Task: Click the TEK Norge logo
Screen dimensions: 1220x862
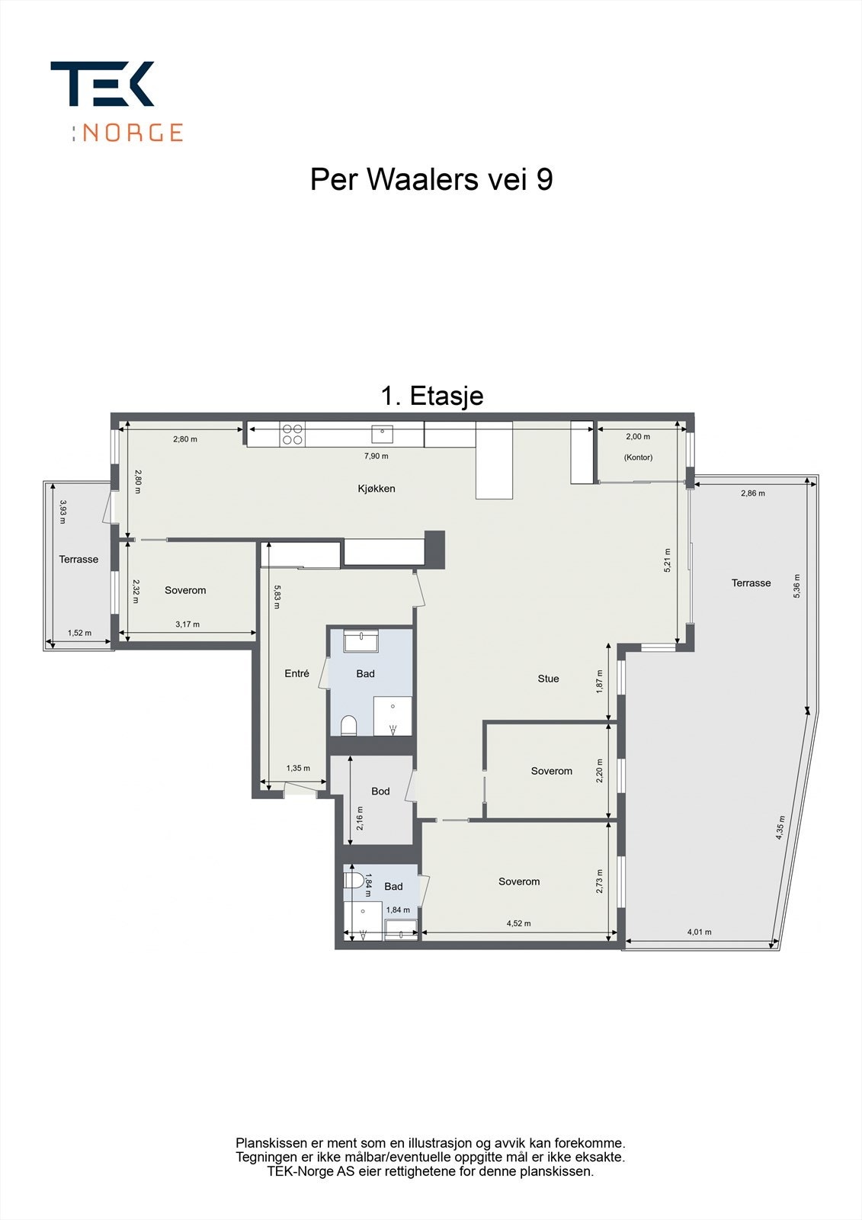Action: [x=116, y=101]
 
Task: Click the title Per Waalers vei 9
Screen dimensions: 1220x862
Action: [x=431, y=180]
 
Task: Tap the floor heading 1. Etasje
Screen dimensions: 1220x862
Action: [x=431, y=396]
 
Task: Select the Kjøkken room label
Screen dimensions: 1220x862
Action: [x=377, y=489]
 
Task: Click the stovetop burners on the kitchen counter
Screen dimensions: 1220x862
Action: [x=293, y=435]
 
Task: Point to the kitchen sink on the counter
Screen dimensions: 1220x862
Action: [x=382, y=435]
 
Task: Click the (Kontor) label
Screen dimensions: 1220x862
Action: [x=638, y=457]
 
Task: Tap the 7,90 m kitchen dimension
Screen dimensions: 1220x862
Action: [x=376, y=456]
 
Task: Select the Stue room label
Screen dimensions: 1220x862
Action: [x=548, y=679]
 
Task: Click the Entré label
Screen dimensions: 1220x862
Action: [x=296, y=673]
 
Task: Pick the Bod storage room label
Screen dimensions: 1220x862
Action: [x=380, y=791]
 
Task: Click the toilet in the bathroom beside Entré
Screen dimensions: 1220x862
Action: [x=349, y=724]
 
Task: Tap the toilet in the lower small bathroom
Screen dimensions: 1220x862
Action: [x=353, y=881]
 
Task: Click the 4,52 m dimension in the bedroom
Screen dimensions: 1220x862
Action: [x=518, y=923]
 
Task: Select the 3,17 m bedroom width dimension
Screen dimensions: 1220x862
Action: [x=187, y=624]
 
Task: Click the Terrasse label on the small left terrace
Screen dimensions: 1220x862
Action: [x=79, y=560]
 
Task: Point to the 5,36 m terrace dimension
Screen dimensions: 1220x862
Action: [x=797, y=586]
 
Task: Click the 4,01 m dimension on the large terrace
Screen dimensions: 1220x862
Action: [x=699, y=932]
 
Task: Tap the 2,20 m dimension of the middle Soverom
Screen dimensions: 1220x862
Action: [x=600, y=771]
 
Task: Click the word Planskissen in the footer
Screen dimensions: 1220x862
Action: [x=271, y=1143]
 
